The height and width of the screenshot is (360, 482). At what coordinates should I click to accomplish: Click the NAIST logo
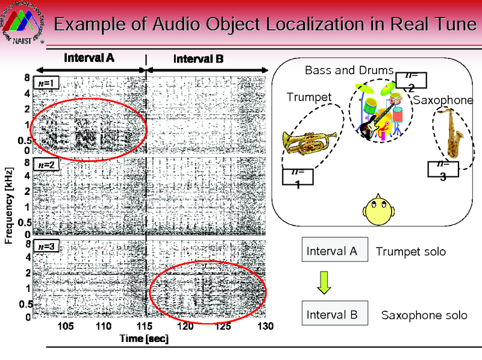click(x=23, y=23)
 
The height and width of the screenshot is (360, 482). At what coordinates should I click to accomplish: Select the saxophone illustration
click(x=449, y=134)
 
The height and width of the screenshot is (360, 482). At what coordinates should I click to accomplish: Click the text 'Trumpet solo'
click(x=411, y=251)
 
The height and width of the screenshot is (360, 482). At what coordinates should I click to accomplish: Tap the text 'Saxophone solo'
click(x=424, y=315)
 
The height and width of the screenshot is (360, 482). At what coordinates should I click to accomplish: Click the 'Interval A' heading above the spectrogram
click(x=90, y=58)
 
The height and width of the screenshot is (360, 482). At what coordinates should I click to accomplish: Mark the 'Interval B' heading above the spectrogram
click(x=198, y=59)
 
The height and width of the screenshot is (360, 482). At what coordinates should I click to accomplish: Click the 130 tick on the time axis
click(x=265, y=326)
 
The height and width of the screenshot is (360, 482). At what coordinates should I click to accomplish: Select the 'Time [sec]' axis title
click(x=144, y=339)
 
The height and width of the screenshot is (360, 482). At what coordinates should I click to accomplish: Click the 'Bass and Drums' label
click(x=349, y=70)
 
